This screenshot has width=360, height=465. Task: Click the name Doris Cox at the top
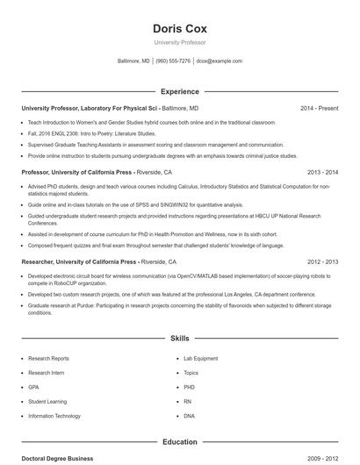[179, 28]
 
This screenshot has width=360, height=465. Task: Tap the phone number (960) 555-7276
[173, 61]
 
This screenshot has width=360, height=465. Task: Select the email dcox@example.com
[219, 61]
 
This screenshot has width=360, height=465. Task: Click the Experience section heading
[179, 91]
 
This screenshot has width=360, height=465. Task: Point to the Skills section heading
[179, 338]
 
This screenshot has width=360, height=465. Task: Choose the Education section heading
[179, 442]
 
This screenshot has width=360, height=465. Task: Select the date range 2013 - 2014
[322, 173]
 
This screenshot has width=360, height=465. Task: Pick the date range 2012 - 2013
[322, 261]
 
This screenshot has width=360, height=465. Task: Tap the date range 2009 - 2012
[322, 459]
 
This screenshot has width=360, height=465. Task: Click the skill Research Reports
[48, 359]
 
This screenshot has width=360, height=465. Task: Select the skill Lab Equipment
[200, 359]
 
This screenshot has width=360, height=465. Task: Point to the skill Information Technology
[54, 415]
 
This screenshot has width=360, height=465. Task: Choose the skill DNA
[189, 415]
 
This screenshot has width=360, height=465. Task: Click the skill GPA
[33, 387]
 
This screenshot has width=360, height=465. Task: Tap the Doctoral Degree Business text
[57, 459]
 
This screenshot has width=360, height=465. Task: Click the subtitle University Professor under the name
[179, 42]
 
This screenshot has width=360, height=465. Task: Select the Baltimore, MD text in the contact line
[133, 61]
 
